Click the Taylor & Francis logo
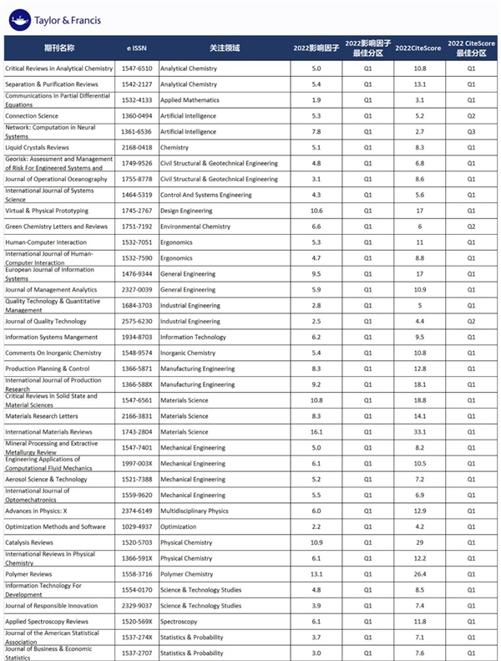[x=54, y=17]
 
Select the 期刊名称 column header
[x=59, y=48]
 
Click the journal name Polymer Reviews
[x=28, y=574]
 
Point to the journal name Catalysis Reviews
[x=30, y=542]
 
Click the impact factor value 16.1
[x=316, y=432]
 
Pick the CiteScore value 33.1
[x=420, y=432]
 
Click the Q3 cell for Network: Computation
[x=471, y=131]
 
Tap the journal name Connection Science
[x=32, y=115]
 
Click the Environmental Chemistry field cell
[x=195, y=226]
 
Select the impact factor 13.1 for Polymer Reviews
[x=316, y=574]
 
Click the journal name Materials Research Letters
[x=42, y=416]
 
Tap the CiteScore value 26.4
[x=420, y=574]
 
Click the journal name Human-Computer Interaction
[x=46, y=242]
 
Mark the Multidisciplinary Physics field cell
[x=195, y=511]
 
